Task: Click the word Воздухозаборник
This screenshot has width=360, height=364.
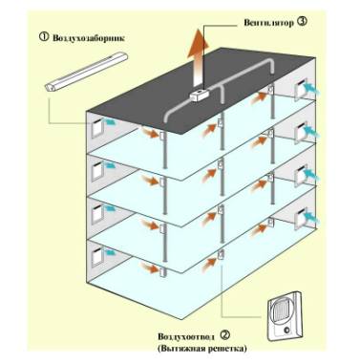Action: click(89, 38)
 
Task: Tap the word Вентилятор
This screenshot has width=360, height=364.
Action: click(269, 22)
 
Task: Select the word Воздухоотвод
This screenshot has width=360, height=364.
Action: click(186, 336)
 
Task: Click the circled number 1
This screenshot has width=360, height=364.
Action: click(44, 37)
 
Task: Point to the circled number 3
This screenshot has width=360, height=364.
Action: click(303, 21)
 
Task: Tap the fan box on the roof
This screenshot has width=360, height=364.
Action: click(199, 95)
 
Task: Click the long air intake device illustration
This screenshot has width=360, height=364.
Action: click(86, 73)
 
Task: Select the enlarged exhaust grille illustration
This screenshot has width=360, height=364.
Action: click(285, 315)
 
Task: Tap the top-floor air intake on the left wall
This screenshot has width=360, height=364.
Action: click(96, 128)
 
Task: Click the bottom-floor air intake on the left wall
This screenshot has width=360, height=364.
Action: click(96, 256)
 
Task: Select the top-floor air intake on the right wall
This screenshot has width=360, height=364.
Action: click(300, 89)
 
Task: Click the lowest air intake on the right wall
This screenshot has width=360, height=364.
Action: click(300, 218)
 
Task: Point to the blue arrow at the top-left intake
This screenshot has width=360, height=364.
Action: click(109, 122)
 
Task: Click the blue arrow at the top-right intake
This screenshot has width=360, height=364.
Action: click(312, 88)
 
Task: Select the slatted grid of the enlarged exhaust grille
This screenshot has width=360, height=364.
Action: click(280, 313)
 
